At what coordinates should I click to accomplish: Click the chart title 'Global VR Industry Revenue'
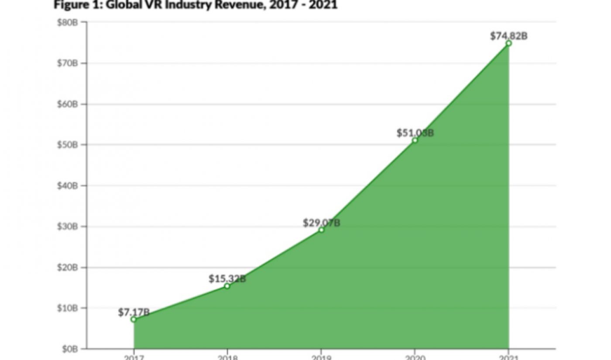(x=195, y=5)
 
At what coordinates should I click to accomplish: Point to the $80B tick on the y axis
(x=67, y=22)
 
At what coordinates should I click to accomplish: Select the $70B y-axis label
(x=67, y=63)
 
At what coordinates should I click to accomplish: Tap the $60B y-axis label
(x=67, y=104)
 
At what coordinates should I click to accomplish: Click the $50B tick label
(x=67, y=145)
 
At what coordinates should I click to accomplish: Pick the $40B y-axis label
(x=67, y=186)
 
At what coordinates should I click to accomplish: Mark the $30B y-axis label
(x=67, y=226)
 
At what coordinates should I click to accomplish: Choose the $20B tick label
(x=67, y=267)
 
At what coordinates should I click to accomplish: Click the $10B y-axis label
(x=67, y=308)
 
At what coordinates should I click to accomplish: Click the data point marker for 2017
(x=134, y=319)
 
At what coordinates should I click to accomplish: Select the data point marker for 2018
(x=227, y=286)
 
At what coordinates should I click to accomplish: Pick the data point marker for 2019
(x=321, y=230)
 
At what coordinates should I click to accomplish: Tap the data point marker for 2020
(x=415, y=140)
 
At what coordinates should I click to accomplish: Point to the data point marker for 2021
(x=508, y=43)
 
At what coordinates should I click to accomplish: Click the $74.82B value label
(x=508, y=36)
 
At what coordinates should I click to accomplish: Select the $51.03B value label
(x=415, y=133)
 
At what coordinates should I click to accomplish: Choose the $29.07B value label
(x=322, y=223)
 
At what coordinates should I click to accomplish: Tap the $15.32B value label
(x=227, y=278)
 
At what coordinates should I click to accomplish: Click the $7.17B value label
(x=134, y=312)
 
